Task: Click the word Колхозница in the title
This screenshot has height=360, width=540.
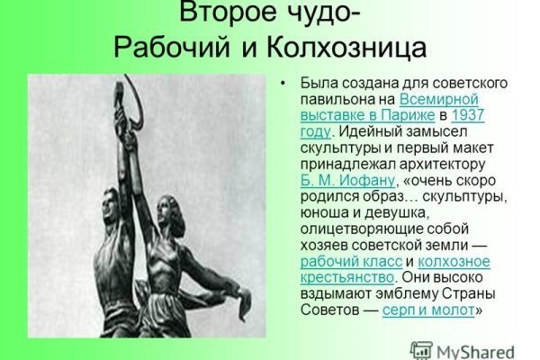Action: click(x=346, y=48)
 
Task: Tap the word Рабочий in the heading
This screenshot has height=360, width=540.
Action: click(x=171, y=48)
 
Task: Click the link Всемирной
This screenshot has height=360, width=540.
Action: click(x=439, y=99)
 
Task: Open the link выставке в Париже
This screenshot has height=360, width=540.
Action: click(x=367, y=115)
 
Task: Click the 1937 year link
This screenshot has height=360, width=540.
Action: click(x=468, y=115)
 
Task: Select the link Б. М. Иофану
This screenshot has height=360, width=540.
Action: click(x=347, y=180)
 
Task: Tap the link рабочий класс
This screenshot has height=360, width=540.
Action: click(x=351, y=262)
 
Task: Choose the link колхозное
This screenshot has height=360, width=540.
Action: click(x=454, y=261)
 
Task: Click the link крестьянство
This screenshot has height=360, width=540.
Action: click(x=347, y=277)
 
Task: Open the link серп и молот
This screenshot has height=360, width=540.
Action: click(x=428, y=310)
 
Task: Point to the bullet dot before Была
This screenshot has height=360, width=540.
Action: click(x=283, y=84)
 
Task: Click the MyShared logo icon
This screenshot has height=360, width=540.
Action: click(x=421, y=350)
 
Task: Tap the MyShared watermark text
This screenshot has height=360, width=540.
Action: click(x=475, y=352)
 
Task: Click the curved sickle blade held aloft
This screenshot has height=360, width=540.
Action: click(x=137, y=99)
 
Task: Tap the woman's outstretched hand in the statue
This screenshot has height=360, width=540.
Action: click(x=243, y=303)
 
